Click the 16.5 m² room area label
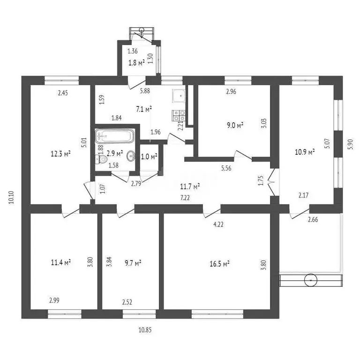[x=219, y=264]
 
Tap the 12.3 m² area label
[x=60, y=154]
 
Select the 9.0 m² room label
[x=235, y=125]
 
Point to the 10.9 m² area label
[x=304, y=152]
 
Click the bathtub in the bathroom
[x=114, y=136]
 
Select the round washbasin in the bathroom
[x=131, y=156]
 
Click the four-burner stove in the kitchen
[x=179, y=115]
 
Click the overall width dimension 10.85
[x=145, y=330]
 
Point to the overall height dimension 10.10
[x=11, y=197]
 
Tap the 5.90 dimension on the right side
[x=351, y=144]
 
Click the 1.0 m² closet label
[x=149, y=157]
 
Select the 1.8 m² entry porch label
[x=136, y=63]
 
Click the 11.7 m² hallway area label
[x=190, y=187]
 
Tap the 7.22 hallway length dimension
[x=185, y=198]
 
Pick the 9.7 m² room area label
[x=133, y=263]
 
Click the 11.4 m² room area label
[x=60, y=262]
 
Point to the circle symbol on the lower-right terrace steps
[x=311, y=280]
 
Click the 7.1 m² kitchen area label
[x=144, y=109]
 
